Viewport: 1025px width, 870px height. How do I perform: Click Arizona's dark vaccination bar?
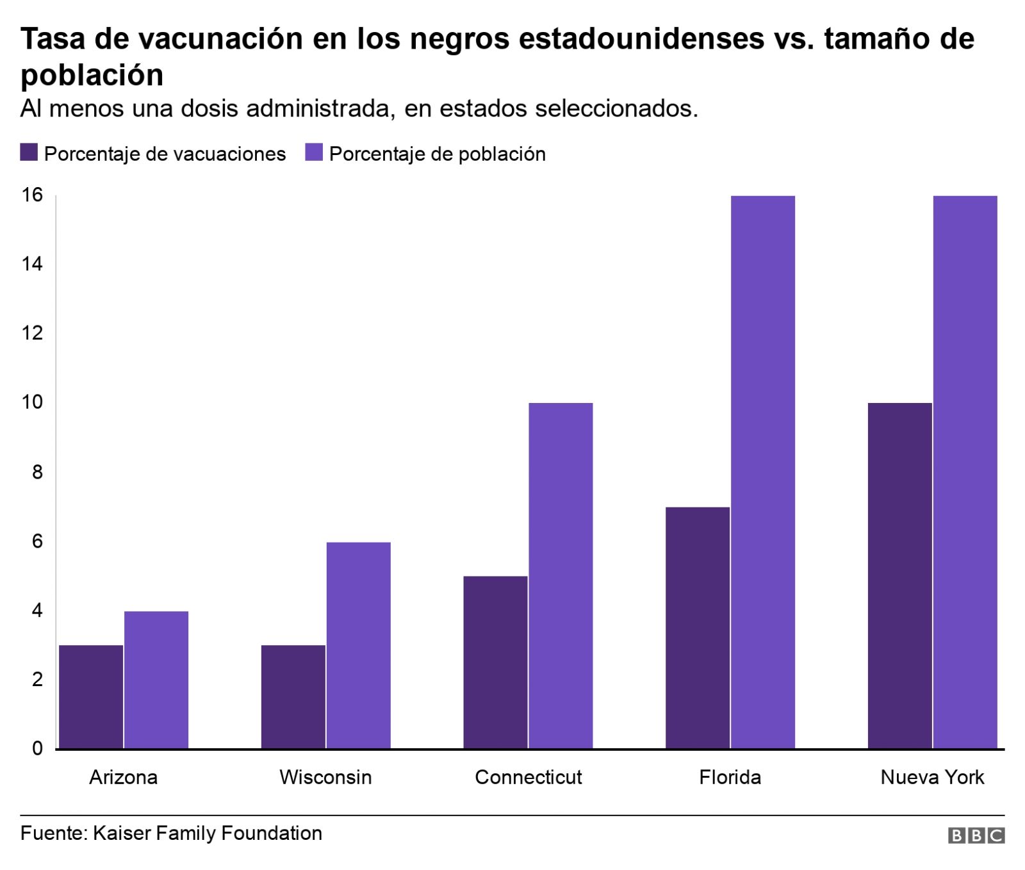pyautogui.click(x=91, y=696)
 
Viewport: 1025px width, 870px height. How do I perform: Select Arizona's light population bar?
pyautogui.click(x=156, y=680)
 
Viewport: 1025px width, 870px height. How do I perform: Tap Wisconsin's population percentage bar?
pyautogui.click(x=358, y=645)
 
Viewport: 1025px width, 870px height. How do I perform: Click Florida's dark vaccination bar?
pyautogui.click(x=698, y=627)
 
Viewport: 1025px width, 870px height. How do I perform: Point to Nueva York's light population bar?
pyautogui.click(x=965, y=472)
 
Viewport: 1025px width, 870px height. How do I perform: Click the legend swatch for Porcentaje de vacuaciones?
pyautogui.click(x=29, y=152)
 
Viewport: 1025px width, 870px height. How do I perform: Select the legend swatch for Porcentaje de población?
pyautogui.click(x=313, y=152)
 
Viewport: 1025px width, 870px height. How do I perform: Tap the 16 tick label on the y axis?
pyautogui.click(x=32, y=195)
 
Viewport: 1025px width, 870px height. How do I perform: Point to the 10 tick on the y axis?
pyautogui.click(x=32, y=402)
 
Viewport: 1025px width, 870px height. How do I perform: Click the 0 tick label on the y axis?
pyautogui.click(x=37, y=748)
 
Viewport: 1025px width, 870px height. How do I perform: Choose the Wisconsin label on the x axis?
pyautogui.click(x=325, y=777)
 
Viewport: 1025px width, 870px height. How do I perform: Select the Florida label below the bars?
pyautogui.click(x=730, y=777)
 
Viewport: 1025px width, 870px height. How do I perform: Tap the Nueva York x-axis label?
pyautogui.click(x=932, y=777)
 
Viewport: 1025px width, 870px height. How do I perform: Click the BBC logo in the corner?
pyautogui.click(x=976, y=835)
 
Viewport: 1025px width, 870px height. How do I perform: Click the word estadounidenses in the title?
pyautogui.click(x=641, y=38)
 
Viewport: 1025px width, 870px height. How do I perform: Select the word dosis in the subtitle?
pyautogui.click(x=210, y=108)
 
